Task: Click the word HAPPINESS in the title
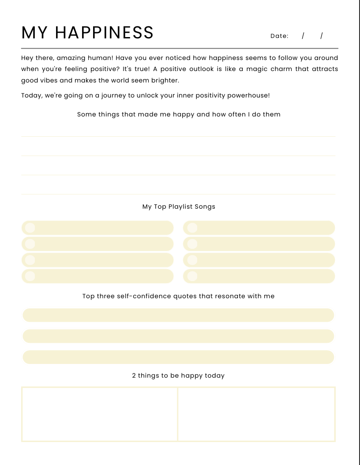(105, 33)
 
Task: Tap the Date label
(279, 36)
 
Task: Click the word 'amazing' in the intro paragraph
(71, 58)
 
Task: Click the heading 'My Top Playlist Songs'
(179, 206)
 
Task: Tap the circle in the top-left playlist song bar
(30, 228)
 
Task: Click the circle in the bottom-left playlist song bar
(30, 276)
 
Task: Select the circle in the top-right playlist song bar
(192, 228)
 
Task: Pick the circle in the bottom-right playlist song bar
(192, 276)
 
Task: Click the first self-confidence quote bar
(178, 315)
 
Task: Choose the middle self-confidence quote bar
(178, 336)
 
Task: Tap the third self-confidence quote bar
(178, 357)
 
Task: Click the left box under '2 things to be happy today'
(100, 414)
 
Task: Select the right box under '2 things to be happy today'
(256, 414)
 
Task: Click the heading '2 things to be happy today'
(178, 376)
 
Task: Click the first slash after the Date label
(303, 36)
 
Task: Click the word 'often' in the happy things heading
(237, 114)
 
